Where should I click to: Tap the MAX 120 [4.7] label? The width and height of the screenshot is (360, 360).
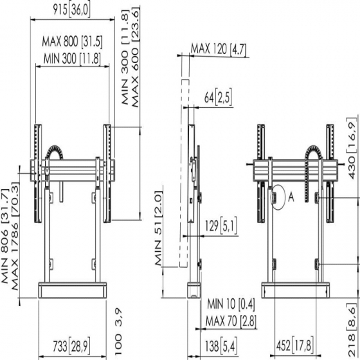click(219, 49)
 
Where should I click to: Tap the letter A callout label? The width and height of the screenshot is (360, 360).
click(291, 196)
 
